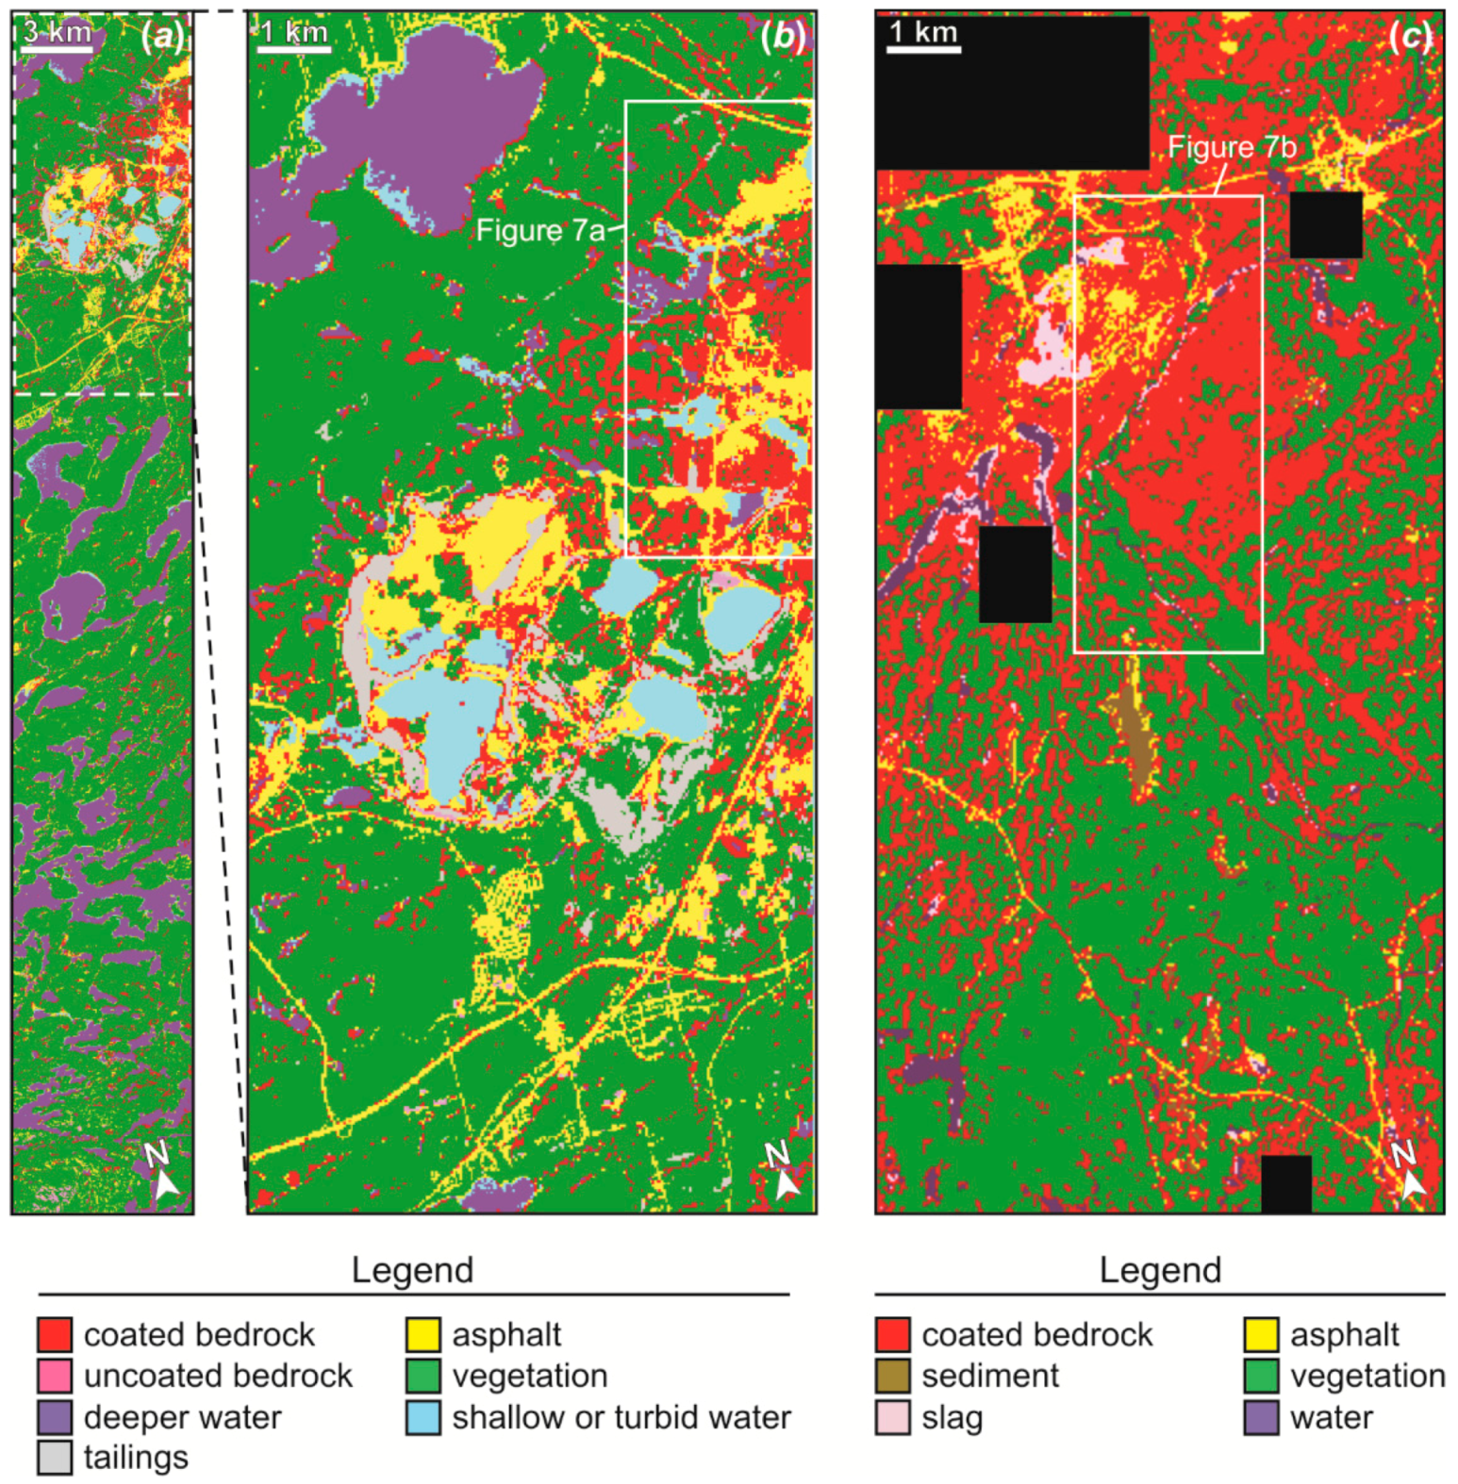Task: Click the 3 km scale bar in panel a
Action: pyautogui.click(x=57, y=46)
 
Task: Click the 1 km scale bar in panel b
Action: pyautogui.click(x=293, y=48)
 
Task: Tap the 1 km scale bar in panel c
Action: pyautogui.click(x=922, y=47)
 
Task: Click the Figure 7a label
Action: pyautogui.click(x=539, y=230)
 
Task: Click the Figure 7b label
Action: pyautogui.click(x=1232, y=147)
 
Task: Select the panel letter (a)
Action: pyautogui.click(x=162, y=37)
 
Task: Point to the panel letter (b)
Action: pyautogui.click(x=784, y=37)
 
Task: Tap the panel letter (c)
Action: pyautogui.click(x=1411, y=37)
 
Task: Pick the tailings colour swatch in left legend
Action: pyautogui.click(x=55, y=1458)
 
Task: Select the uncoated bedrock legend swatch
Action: pyautogui.click(x=55, y=1376)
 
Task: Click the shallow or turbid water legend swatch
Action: pyautogui.click(x=423, y=1417)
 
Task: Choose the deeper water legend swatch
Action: pyautogui.click(x=55, y=1417)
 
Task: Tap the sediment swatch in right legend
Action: pyautogui.click(x=892, y=1376)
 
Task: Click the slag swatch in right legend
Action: pyautogui.click(x=892, y=1417)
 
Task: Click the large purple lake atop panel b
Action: pyautogui.click(x=424, y=113)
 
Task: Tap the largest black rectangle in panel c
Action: pyautogui.click(x=1012, y=92)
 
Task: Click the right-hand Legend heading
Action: pyautogui.click(x=1160, y=1270)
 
